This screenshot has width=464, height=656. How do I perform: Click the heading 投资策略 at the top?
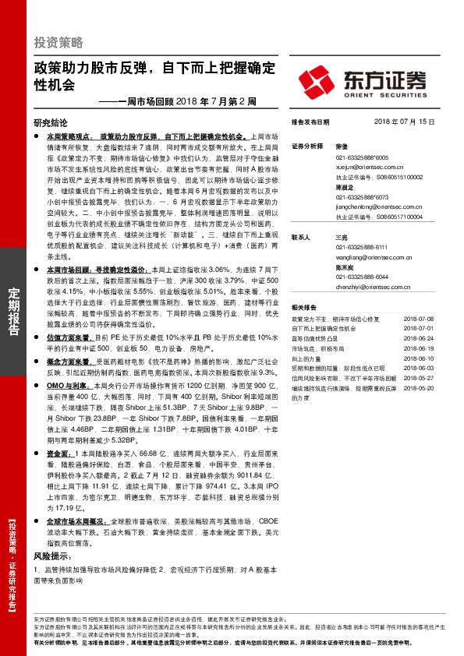58,42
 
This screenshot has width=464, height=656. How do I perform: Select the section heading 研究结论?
51,122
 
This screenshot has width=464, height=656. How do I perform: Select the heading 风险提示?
52,557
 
